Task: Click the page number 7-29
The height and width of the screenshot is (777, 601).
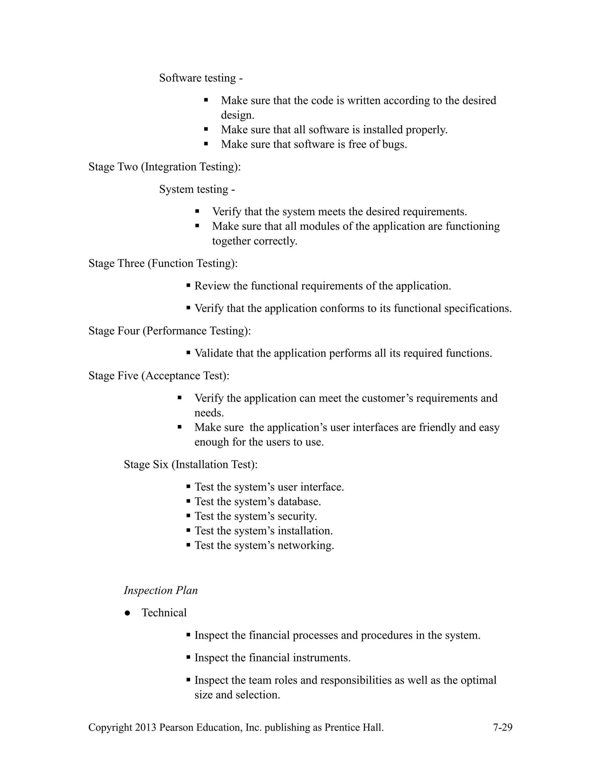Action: pyautogui.click(x=502, y=727)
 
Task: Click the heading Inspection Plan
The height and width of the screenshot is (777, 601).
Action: pyautogui.click(x=161, y=590)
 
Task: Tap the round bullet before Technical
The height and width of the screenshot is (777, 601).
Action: pyautogui.click(x=127, y=613)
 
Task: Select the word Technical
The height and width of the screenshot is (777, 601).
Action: pyautogui.click(x=164, y=613)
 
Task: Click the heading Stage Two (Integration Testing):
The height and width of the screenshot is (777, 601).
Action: pyautogui.click(x=165, y=167)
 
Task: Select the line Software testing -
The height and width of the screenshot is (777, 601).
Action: pyautogui.click(x=201, y=78)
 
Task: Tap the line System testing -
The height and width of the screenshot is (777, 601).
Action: pyautogui.click(x=197, y=189)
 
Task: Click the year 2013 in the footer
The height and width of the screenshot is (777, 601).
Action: pyautogui.click(x=146, y=727)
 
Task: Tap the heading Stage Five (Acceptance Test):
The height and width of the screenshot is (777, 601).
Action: pyautogui.click(x=159, y=376)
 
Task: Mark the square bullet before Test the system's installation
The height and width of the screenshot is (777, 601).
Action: pyautogui.click(x=188, y=530)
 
